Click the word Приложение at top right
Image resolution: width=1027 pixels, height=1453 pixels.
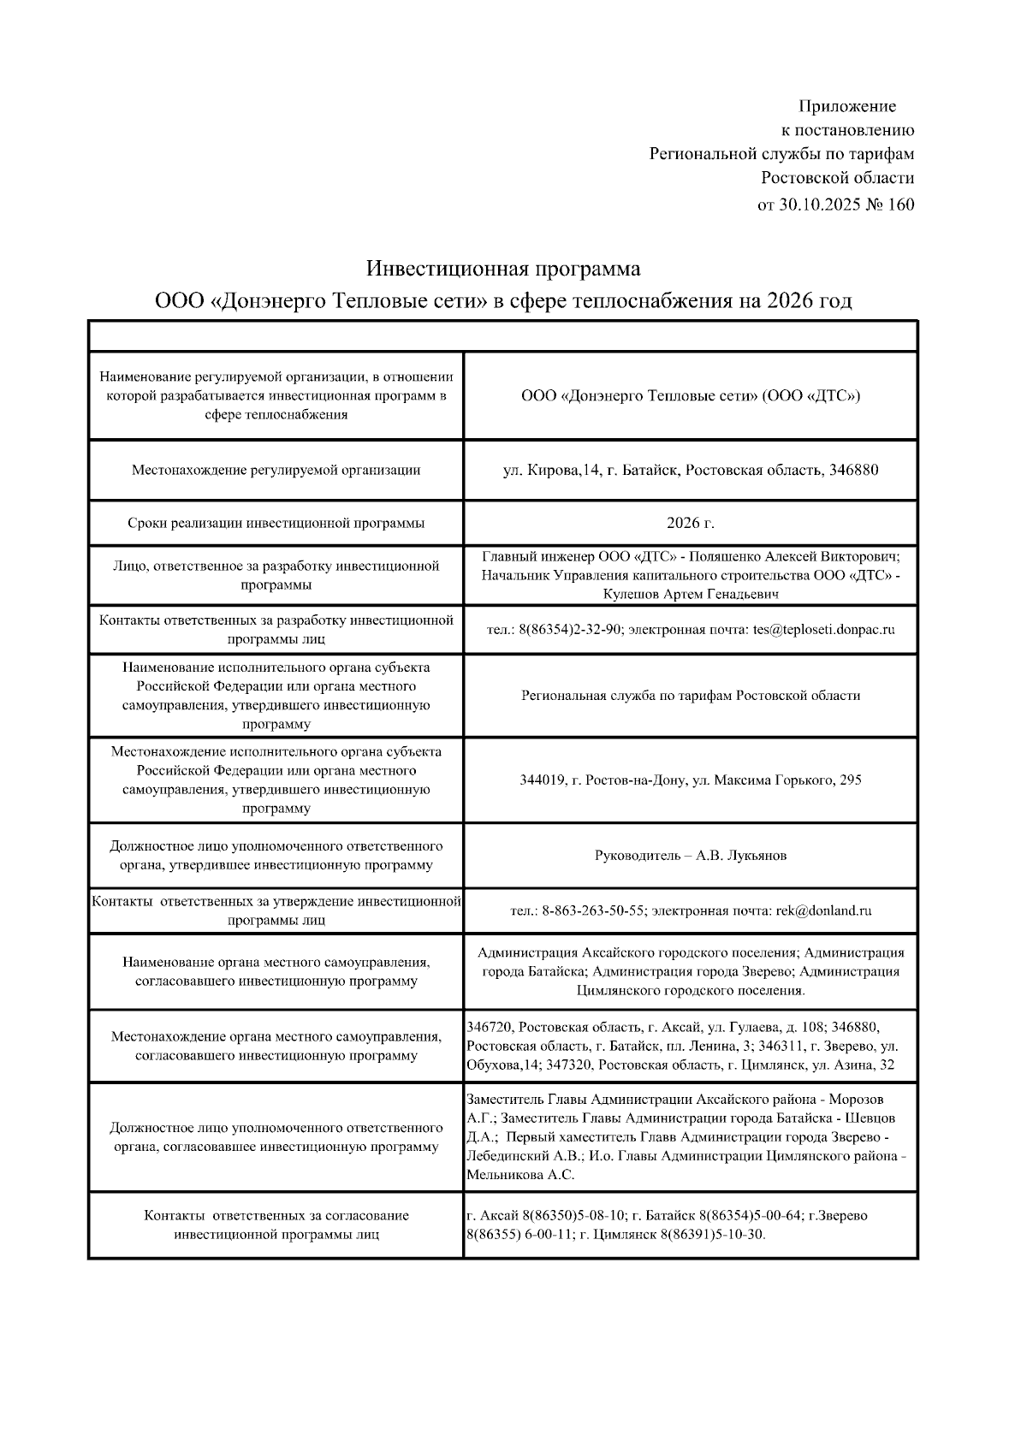847,106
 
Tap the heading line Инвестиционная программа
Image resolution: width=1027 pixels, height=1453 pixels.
503,269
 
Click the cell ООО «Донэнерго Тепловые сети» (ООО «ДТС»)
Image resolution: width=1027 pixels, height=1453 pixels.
691,395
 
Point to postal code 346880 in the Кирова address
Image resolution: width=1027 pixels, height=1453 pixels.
853,470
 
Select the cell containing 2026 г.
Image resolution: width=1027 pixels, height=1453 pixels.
691,523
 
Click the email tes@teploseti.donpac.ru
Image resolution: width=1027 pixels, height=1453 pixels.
823,629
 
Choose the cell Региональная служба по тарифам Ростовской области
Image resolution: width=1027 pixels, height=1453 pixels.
691,695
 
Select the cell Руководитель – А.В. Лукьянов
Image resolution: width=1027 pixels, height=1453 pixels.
691,855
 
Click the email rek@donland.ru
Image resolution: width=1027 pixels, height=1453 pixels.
823,910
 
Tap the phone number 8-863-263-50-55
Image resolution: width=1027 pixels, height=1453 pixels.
593,910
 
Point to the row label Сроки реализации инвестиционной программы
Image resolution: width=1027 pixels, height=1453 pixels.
276,523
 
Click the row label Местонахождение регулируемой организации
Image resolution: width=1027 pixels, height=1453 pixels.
276,470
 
